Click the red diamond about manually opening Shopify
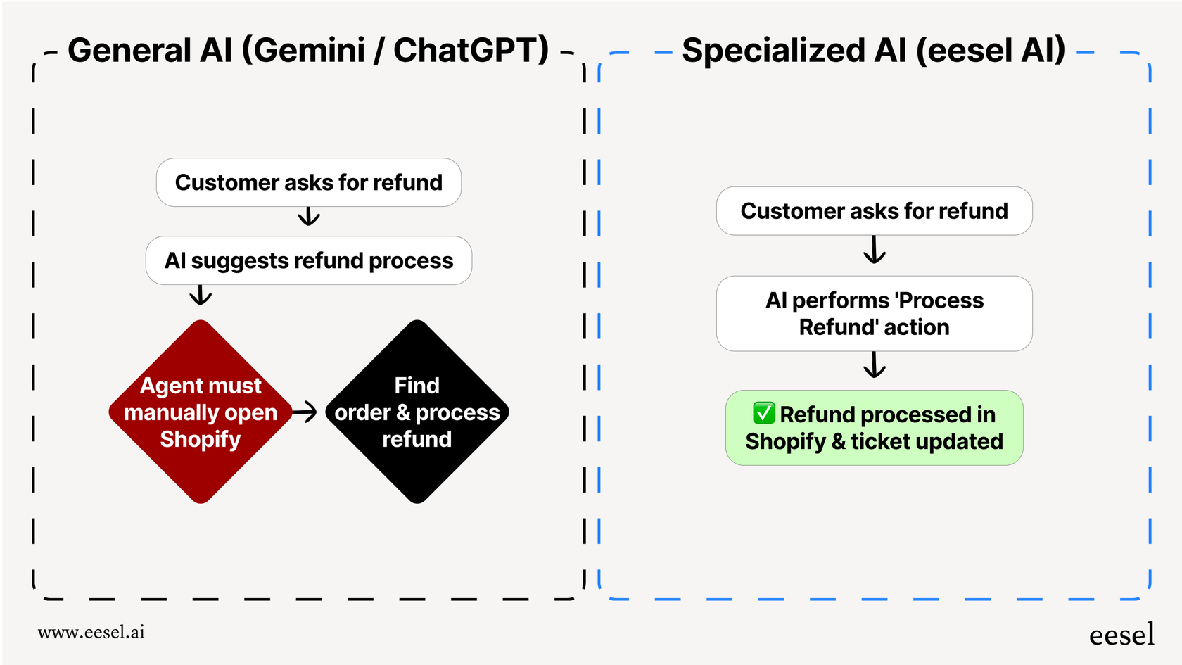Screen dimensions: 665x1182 [x=201, y=412]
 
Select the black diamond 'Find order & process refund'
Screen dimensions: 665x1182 [x=417, y=412]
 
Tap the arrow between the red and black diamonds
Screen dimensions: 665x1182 [x=305, y=412]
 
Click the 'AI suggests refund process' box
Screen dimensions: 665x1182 [x=309, y=260]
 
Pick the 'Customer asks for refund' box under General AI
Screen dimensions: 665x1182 [x=309, y=182]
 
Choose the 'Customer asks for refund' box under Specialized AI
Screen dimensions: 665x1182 [x=874, y=211]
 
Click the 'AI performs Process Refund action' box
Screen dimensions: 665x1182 [x=874, y=314]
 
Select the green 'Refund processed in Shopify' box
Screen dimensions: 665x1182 [x=874, y=428]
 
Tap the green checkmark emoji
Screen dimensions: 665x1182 [x=763, y=413]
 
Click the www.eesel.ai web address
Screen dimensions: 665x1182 [x=91, y=632]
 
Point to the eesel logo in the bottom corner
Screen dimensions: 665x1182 [x=1121, y=635]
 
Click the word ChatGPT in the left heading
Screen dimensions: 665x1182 [x=470, y=51]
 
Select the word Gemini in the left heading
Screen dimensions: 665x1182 [x=308, y=51]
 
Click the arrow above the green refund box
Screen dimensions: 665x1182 [x=874, y=365]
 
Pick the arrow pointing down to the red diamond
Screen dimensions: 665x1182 [x=201, y=295]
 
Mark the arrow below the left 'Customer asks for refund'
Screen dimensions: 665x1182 [x=309, y=216]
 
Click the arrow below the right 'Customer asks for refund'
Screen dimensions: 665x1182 [x=874, y=250]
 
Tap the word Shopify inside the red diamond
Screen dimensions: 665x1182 [x=201, y=439]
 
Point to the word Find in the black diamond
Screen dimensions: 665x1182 [x=417, y=386]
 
